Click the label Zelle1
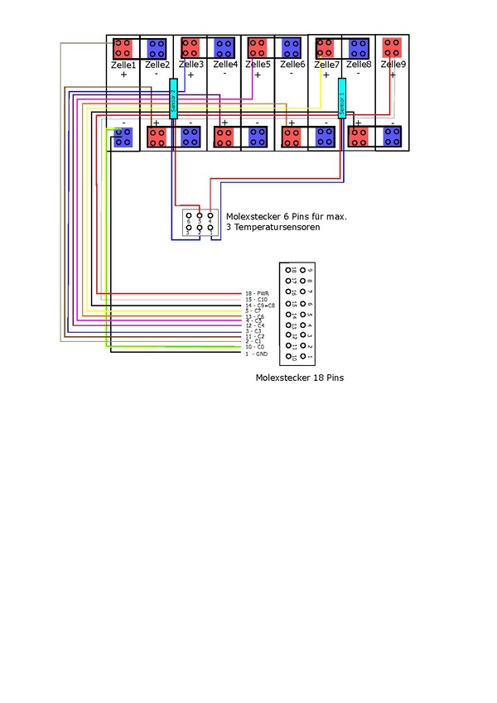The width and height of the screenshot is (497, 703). coord(123,64)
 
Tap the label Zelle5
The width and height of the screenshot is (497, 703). coord(258,64)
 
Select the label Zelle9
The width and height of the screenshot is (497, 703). coord(393,64)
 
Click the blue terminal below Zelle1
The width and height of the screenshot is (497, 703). coord(123,137)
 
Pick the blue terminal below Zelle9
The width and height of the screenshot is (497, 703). coord(393,137)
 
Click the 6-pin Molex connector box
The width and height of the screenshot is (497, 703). coord(200,223)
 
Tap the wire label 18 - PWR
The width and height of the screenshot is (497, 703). coord(258,294)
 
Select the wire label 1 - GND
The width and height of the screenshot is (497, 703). coord(257,354)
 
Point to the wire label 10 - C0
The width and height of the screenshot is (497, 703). coord(256,347)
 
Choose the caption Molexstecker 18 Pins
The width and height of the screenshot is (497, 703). coord(300,378)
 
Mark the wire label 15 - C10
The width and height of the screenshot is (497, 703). coord(257,300)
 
